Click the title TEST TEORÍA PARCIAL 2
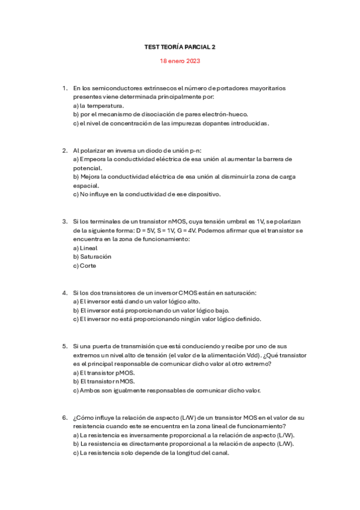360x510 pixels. pos(180,46)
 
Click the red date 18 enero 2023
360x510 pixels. pos(180,61)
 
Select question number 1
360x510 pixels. pos(64,88)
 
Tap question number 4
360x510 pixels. pos(64,293)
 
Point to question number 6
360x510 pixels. pos(64,417)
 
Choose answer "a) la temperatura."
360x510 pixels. pos(99,105)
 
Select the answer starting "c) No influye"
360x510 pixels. pos(147,194)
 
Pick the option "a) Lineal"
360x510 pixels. pos(85,248)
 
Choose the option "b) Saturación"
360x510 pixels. pos(92,257)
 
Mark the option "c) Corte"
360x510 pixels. pos(84,265)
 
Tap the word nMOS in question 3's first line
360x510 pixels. pos(174,221)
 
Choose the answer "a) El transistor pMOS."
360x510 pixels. pos(104,373)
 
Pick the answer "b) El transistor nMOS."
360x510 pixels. pos(104,381)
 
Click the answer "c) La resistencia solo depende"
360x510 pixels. pos(151,453)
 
